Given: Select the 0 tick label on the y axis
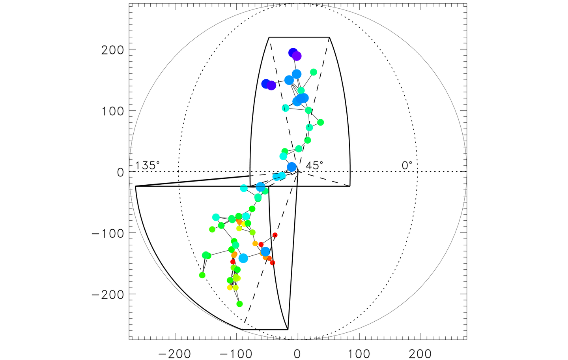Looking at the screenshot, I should (120, 172).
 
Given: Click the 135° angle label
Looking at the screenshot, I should (148, 165).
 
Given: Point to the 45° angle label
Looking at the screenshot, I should (314, 165).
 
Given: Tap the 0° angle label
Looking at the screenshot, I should (407, 165).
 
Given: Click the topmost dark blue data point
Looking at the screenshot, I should (293, 53).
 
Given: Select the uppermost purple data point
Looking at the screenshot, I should (297, 56).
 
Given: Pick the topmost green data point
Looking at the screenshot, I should (314, 72).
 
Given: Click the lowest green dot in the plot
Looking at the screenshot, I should (239, 304).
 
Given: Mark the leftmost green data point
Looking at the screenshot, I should (202, 275).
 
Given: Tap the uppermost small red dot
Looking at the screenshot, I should (275, 235).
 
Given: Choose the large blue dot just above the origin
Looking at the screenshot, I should (291, 167).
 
